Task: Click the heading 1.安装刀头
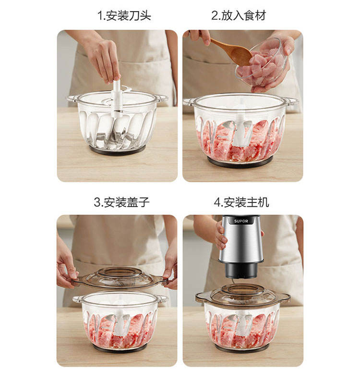124,15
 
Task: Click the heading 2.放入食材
239,15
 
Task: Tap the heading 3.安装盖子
121,202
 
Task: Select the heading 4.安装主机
241,202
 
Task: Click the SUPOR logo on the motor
241,221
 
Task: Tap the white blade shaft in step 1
117,98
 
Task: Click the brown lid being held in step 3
120,278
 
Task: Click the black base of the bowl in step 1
117,150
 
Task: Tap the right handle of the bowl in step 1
161,98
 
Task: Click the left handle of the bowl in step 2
189,102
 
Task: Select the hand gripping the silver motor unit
220,236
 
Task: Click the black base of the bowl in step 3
120,348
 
